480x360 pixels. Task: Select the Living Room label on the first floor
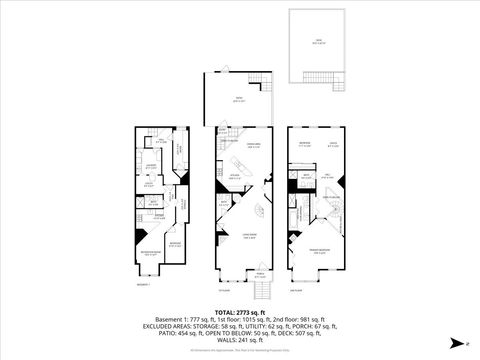coord(244,237)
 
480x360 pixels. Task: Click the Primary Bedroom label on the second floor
coord(319,252)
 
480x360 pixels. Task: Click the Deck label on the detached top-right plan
coord(317,42)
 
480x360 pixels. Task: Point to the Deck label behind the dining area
coord(238,100)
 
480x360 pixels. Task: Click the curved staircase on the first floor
coord(257,212)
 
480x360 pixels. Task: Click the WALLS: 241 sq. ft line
coord(240,338)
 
